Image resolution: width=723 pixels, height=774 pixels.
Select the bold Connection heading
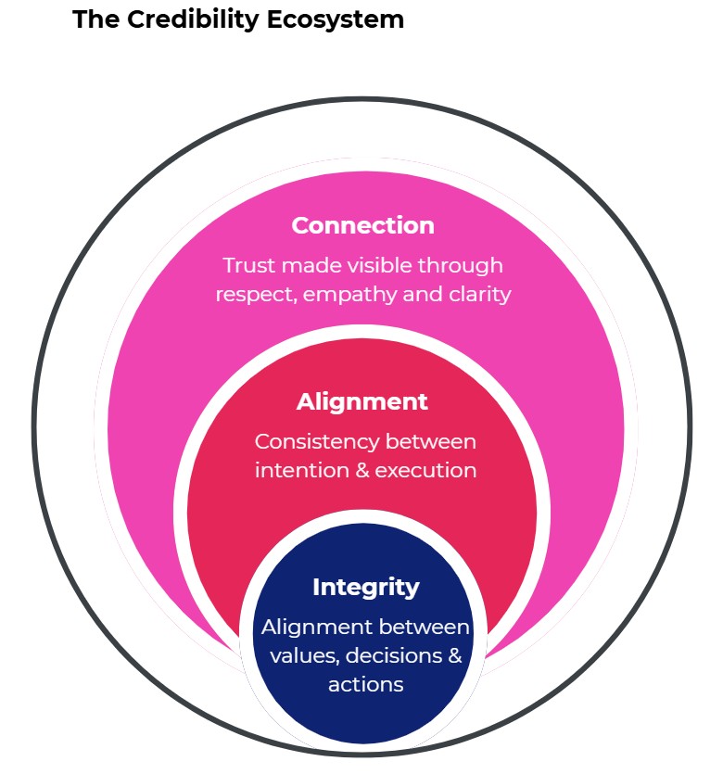point(362,225)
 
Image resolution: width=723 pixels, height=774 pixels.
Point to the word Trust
point(248,266)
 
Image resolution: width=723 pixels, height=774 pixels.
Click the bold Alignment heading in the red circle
point(362,401)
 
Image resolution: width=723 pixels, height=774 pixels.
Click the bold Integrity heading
point(365,587)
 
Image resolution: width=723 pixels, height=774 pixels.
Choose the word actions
point(365,685)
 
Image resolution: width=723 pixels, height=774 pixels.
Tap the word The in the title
point(90,19)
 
